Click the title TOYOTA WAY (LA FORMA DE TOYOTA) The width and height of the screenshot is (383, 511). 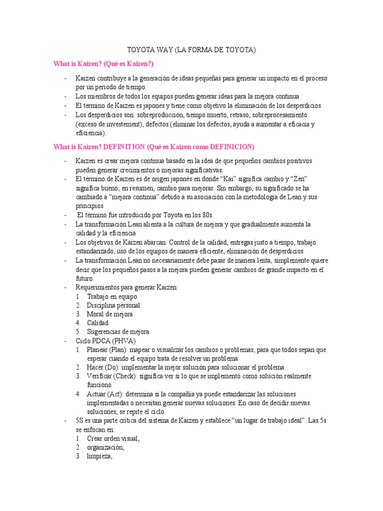click(191, 50)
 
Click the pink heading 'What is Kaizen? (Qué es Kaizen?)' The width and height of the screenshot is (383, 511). click(103, 64)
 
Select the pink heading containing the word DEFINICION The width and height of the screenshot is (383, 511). click(154, 147)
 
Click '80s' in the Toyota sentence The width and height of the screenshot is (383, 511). click(205, 215)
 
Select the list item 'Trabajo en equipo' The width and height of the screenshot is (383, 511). click(112, 296)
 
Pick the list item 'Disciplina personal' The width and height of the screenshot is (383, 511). click(113, 305)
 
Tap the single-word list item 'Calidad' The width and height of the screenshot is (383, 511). click(97, 323)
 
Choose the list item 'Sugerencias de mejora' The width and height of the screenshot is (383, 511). click(118, 332)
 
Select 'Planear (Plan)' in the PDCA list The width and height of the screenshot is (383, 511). click(107, 350)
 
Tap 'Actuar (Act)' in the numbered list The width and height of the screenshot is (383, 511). click(104, 394)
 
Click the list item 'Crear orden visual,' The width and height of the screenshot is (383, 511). click(113, 439)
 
